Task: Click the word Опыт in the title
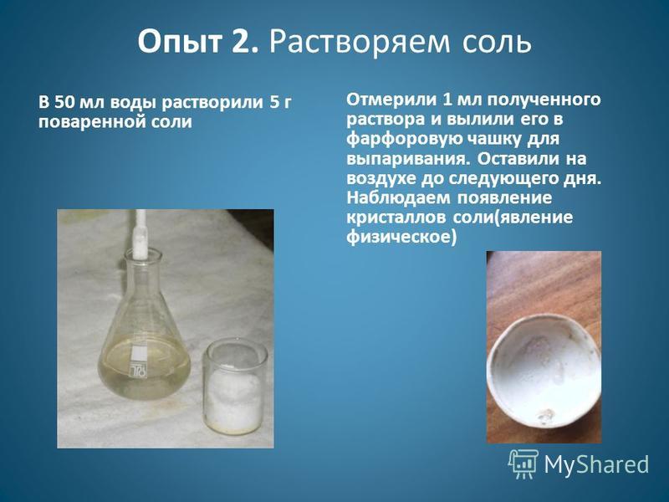[180, 44]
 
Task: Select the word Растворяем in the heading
[360, 44]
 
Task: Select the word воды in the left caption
[134, 103]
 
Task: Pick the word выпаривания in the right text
[410, 159]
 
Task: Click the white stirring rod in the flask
[140, 235]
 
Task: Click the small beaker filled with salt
[234, 386]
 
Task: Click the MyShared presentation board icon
[523, 464]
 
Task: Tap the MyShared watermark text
[596, 464]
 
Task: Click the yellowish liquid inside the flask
[144, 368]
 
